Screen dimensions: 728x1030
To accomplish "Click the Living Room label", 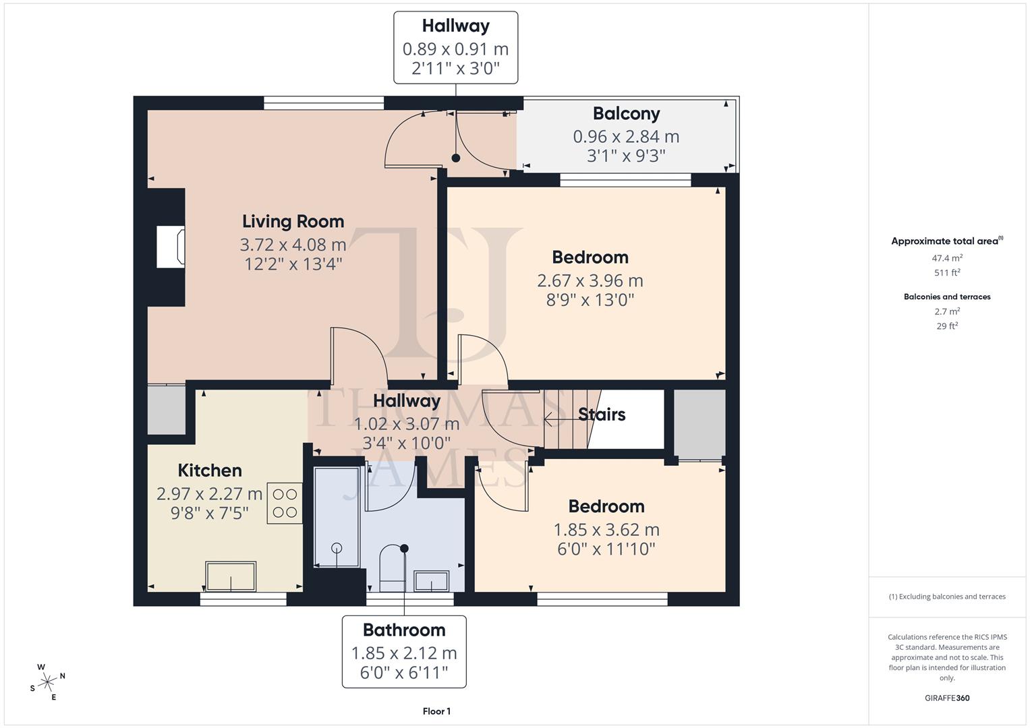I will pyautogui.click(x=293, y=221).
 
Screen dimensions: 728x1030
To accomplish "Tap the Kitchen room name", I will pyautogui.click(x=209, y=470).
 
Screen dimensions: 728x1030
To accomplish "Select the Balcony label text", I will pyautogui.click(x=626, y=113).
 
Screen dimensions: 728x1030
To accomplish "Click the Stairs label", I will pyautogui.click(x=602, y=414).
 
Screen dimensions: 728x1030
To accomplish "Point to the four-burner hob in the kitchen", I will pyautogui.click(x=285, y=503).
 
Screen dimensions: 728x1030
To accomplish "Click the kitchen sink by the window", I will pyautogui.click(x=231, y=576).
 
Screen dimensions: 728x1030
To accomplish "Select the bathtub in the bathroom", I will pyautogui.click(x=337, y=516).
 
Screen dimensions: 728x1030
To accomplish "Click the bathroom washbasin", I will pyautogui.click(x=432, y=580).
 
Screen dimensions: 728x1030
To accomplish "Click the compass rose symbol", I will pyautogui.click(x=47, y=681).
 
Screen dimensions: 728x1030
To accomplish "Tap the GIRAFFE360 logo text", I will pyautogui.click(x=946, y=698).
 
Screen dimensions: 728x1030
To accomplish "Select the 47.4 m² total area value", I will pyautogui.click(x=947, y=257).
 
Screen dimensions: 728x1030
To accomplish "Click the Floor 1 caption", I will pyautogui.click(x=436, y=711).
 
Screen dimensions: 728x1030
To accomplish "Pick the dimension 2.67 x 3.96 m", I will pyautogui.click(x=590, y=280).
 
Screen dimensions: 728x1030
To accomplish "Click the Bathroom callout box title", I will pyautogui.click(x=404, y=630).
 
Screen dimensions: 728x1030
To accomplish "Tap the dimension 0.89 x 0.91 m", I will pyautogui.click(x=455, y=49).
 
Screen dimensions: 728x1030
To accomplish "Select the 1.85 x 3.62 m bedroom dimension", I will pyautogui.click(x=606, y=530).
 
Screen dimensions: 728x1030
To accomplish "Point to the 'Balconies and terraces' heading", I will pyautogui.click(x=947, y=297).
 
